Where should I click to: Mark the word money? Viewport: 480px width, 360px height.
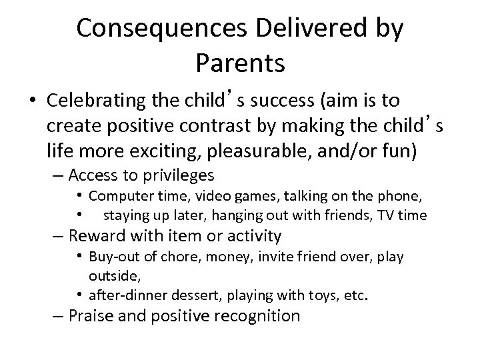coord(217,257)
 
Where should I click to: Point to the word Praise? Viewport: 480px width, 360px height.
coord(93,316)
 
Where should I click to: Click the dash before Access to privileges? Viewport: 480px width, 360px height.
coord(58,175)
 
